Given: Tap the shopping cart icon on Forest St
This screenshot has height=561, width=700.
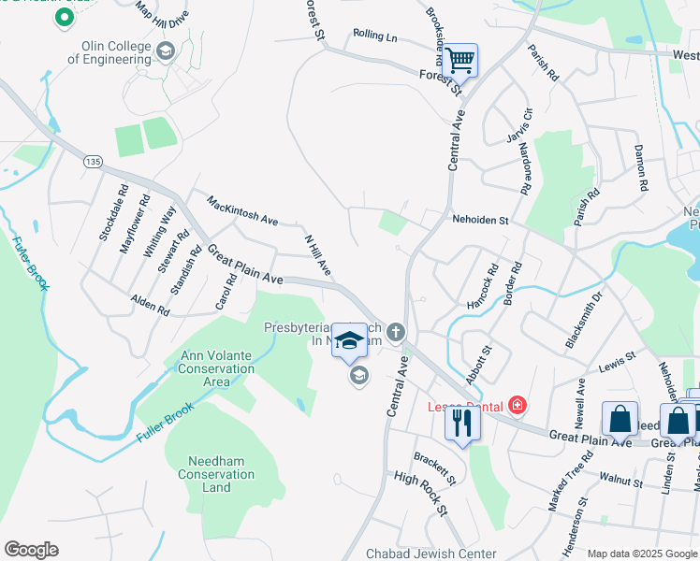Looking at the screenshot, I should pyautogui.click(x=459, y=61).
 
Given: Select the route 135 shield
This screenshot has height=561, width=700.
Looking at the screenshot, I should pyautogui.click(x=92, y=161).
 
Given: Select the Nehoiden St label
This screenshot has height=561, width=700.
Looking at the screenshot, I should pyautogui.click(x=479, y=221).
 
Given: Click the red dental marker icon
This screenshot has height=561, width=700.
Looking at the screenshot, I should pyautogui.click(x=517, y=406).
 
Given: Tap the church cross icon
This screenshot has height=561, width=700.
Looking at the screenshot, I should pyautogui.click(x=397, y=332).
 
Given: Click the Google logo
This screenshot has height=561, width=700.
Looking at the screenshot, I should pyautogui.click(x=31, y=550).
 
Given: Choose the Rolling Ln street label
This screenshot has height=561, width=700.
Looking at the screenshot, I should pyautogui.click(x=375, y=36).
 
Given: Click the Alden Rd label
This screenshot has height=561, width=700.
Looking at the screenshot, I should pyautogui.click(x=150, y=305).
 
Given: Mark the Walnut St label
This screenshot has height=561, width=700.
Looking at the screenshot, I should pyautogui.click(x=620, y=482).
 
